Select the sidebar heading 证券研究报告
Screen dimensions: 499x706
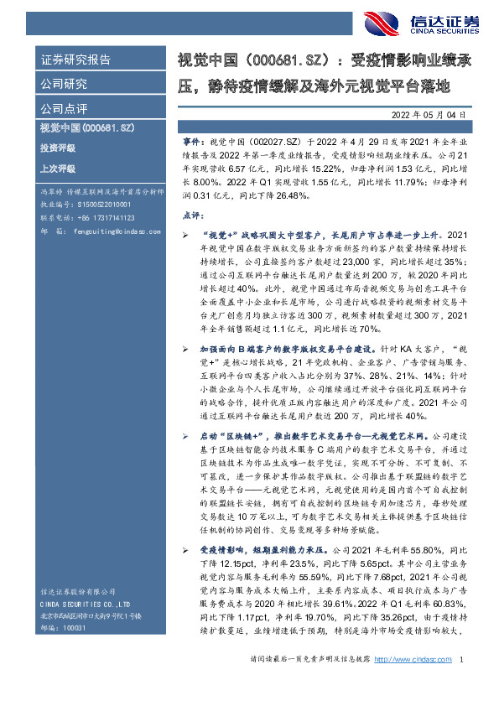(75, 60)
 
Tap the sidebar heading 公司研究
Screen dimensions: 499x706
(64, 84)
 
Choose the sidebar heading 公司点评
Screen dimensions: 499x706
(64, 108)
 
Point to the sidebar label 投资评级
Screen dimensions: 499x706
(57, 148)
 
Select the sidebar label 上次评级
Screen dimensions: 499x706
(57, 169)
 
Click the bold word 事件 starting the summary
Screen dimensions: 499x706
(191, 143)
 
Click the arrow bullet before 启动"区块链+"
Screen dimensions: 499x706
(186, 436)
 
